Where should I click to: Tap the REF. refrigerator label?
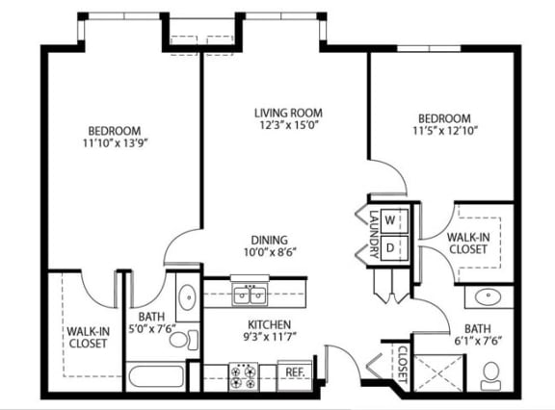(x=295, y=372)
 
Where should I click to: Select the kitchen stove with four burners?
(x=243, y=376)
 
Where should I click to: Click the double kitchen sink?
(x=250, y=295)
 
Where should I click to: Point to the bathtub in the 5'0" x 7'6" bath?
(x=156, y=376)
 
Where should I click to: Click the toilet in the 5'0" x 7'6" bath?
(x=184, y=340)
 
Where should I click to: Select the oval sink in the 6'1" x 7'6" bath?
(x=489, y=297)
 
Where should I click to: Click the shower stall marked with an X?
(x=438, y=373)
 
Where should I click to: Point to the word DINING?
(x=270, y=241)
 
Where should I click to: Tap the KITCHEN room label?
(x=270, y=324)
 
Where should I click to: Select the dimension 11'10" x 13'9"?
(x=115, y=143)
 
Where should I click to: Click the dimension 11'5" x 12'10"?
(x=445, y=131)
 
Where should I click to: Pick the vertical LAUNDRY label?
(x=374, y=234)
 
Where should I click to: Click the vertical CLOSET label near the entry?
(x=403, y=364)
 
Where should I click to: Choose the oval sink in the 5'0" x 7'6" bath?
(x=187, y=297)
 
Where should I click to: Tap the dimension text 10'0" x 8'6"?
(x=270, y=252)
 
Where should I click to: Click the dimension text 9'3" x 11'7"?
(x=270, y=337)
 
